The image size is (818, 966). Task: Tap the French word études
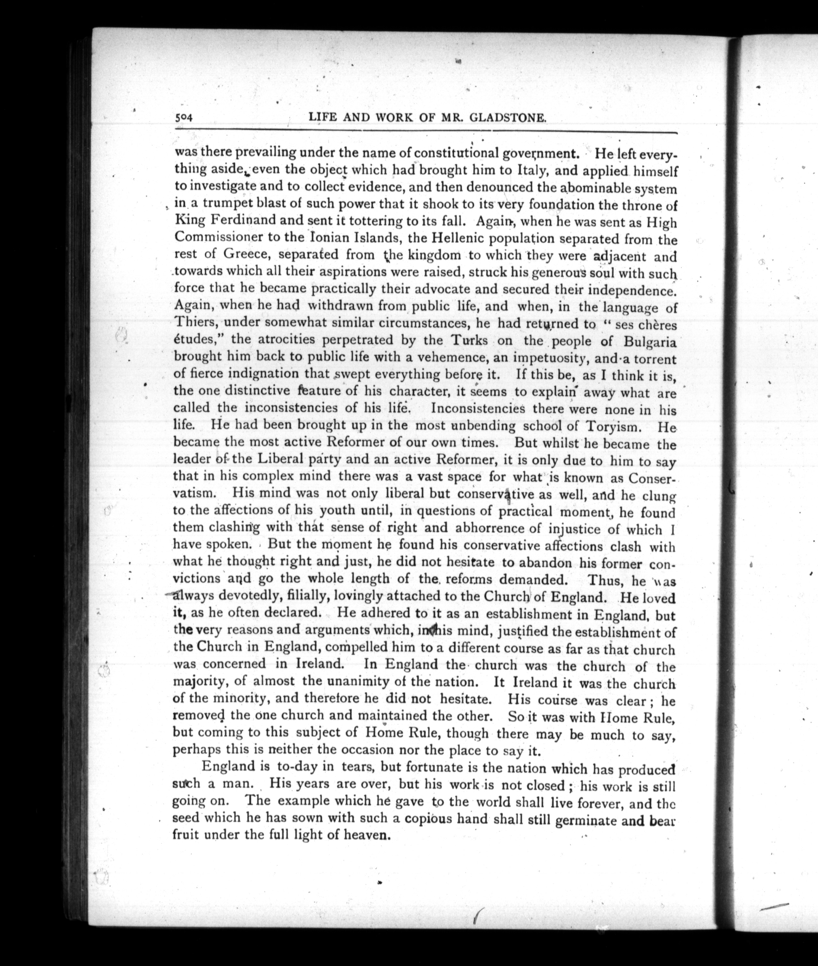click(x=199, y=339)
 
